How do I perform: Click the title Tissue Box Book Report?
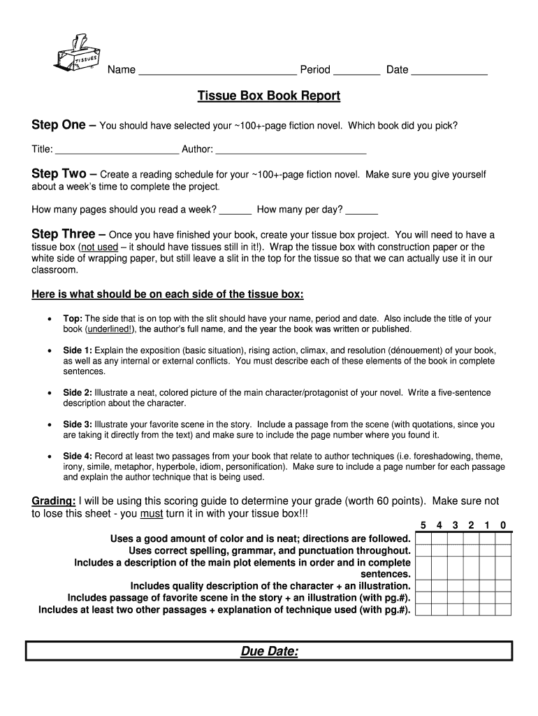(269, 96)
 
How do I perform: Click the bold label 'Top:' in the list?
(73, 318)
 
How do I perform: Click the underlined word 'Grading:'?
(54, 501)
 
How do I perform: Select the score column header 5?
(423, 526)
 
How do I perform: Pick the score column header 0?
(503, 526)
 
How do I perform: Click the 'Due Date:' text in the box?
(269, 652)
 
